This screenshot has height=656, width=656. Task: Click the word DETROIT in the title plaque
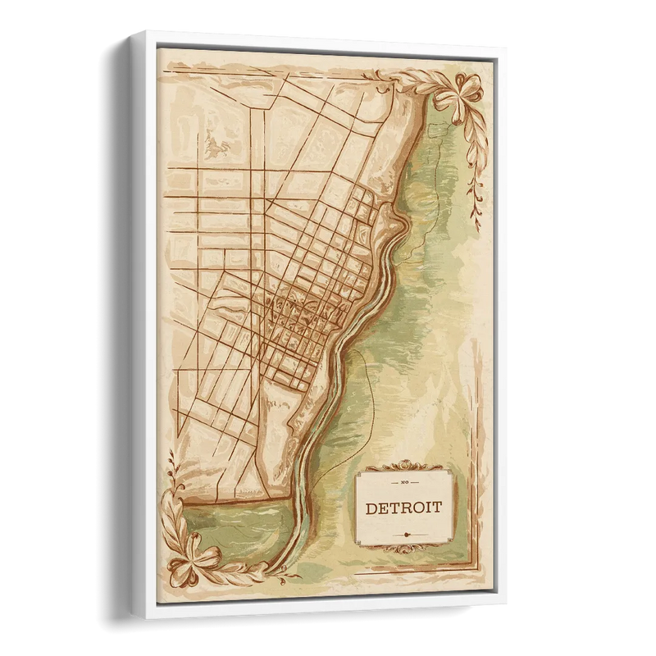[403, 508]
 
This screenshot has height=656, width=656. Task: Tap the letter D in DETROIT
[371, 508]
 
